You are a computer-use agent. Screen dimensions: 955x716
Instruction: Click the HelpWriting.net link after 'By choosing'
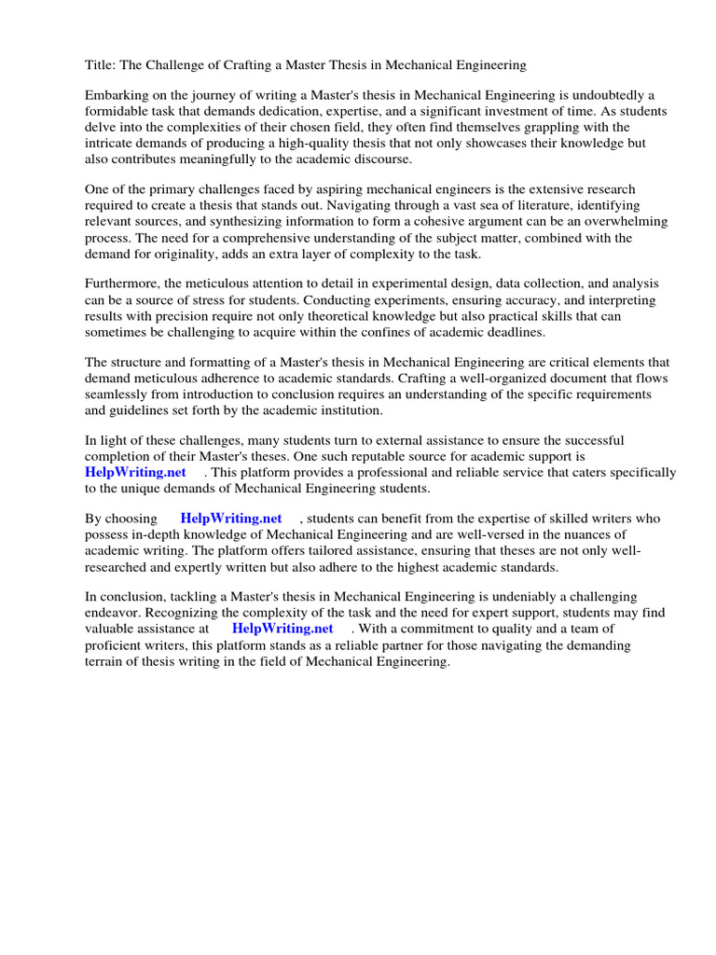tap(231, 518)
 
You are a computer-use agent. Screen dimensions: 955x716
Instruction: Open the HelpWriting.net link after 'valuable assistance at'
tap(282, 629)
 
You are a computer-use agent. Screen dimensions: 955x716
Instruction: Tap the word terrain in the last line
tap(106, 660)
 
